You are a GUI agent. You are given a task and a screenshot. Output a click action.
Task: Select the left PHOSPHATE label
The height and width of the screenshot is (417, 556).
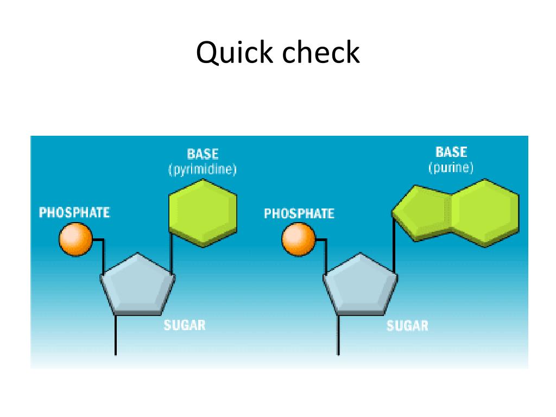point(74,212)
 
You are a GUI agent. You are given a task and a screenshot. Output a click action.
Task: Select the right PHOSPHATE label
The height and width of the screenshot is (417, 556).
point(299,213)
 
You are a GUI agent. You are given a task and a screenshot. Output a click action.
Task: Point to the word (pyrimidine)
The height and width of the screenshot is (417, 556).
point(203,169)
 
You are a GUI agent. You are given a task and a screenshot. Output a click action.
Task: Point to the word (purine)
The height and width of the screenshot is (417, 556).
point(451,167)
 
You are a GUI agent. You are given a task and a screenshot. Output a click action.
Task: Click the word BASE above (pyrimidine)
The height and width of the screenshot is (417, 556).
point(203,154)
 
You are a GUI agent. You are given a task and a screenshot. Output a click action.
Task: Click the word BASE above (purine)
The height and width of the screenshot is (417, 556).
point(451,151)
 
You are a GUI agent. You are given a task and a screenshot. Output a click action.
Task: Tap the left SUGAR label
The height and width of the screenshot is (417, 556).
point(185,325)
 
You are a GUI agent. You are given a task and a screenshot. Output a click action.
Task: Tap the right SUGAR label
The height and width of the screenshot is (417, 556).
point(407,326)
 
